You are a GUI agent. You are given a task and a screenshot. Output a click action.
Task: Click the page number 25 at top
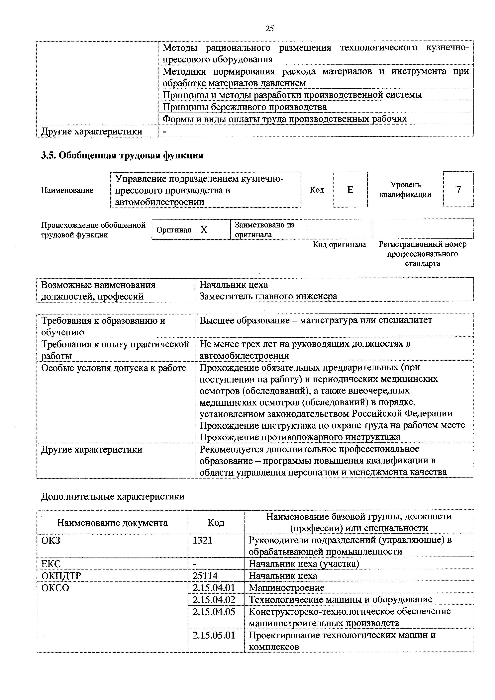270,29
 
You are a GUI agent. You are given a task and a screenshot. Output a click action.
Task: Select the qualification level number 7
458,189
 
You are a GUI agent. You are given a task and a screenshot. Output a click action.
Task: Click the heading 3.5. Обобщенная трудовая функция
122,155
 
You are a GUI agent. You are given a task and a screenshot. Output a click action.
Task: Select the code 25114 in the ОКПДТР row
205,576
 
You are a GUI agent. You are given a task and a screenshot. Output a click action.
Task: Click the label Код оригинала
339,244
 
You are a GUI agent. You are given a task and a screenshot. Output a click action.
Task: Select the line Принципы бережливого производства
244,107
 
